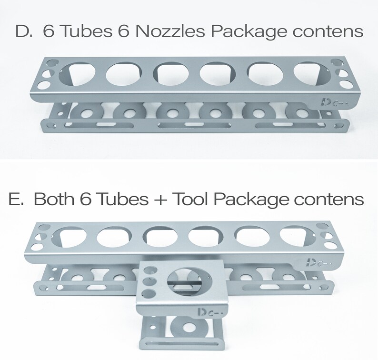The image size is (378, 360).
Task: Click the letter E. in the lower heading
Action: point(16,199)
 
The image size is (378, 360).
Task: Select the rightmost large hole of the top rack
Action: point(309,72)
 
